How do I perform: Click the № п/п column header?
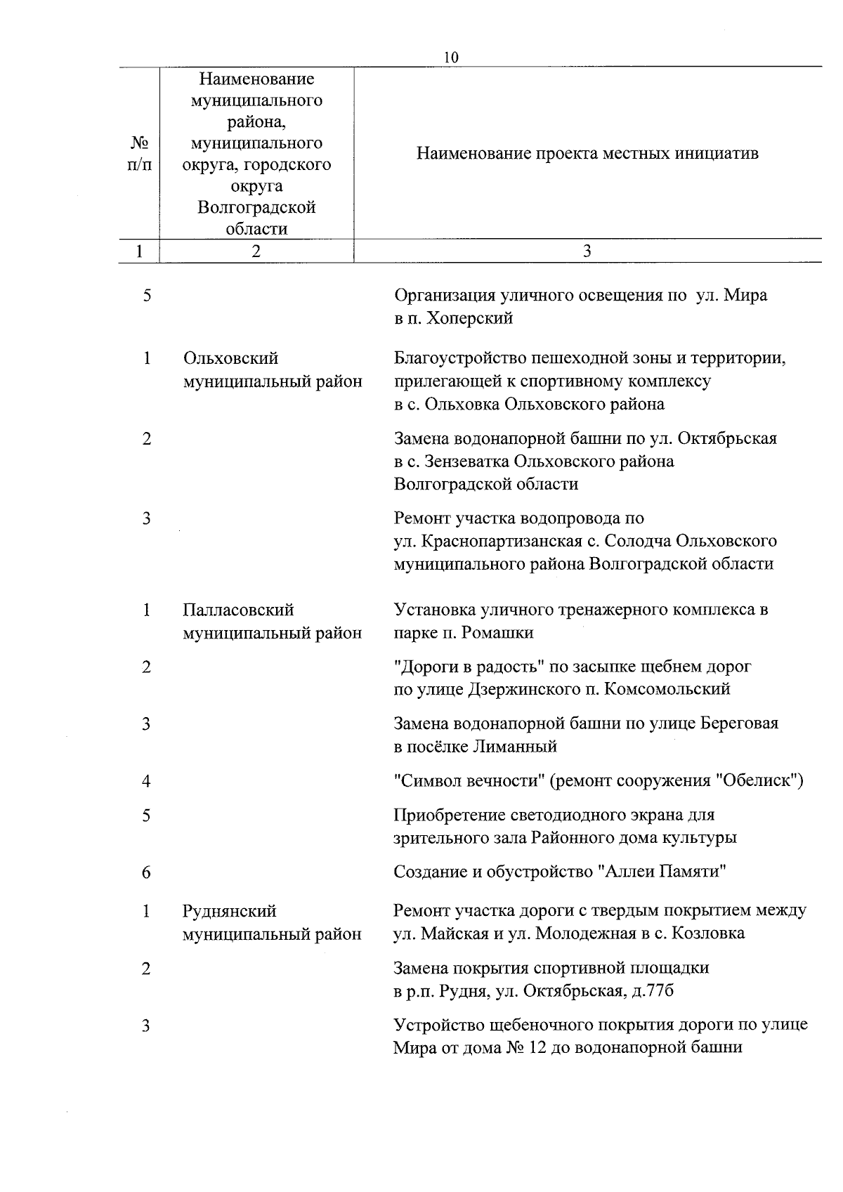(140, 153)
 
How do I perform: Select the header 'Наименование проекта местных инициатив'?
(587, 153)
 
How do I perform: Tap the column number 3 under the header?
(587, 251)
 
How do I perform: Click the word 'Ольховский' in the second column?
(230, 358)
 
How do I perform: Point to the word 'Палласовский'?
(238, 610)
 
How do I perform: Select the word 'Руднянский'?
(229, 911)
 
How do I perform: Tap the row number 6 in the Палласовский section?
(146, 872)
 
